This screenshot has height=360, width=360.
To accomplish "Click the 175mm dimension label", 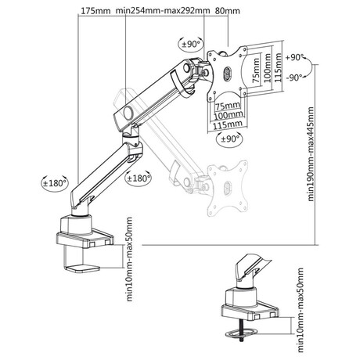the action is (x=92, y=11).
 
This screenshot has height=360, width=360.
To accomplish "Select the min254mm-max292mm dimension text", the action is (x=163, y=11).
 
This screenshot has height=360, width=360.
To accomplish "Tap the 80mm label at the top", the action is (x=228, y=11).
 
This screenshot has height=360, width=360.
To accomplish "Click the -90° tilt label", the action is (x=294, y=77).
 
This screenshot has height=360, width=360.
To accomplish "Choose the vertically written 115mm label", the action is (x=279, y=67).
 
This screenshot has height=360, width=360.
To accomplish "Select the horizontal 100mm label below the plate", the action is (x=229, y=115).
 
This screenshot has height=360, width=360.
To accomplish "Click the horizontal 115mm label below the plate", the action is (x=228, y=124).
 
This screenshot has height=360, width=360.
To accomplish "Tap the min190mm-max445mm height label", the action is (x=311, y=154).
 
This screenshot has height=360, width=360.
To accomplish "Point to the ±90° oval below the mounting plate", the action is (x=229, y=139).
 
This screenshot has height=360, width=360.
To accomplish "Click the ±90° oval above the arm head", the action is (x=191, y=44).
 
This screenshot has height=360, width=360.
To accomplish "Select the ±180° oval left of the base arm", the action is (x=55, y=183).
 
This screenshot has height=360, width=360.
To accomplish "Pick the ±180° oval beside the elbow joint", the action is (x=139, y=178).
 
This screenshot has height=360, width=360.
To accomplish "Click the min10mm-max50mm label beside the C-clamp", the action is (x=129, y=259).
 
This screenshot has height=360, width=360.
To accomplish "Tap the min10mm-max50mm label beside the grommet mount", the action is (x=301, y=310).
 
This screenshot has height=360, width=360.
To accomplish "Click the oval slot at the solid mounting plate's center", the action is (x=227, y=73).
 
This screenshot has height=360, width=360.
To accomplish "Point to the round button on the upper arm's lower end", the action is (x=128, y=113).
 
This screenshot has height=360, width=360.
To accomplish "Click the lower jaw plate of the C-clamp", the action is (x=82, y=268).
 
